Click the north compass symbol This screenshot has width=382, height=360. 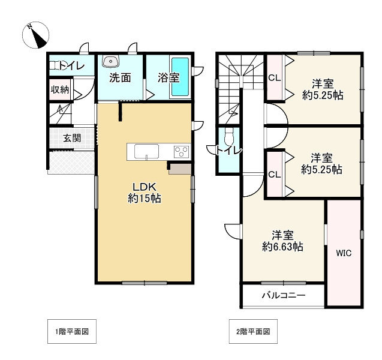(x=35, y=35)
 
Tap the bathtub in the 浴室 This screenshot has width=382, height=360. (x=181, y=77)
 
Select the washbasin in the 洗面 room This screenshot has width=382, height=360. (x=111, y=61)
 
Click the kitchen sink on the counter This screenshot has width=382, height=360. (x=146, y=152)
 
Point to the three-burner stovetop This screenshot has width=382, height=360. (x=182, y=151)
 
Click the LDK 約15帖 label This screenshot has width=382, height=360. (x=144, y=193)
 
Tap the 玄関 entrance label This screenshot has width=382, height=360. (x=72, y=138)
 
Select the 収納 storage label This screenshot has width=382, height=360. (x=60, y=89)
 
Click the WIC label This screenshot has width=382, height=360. (x=344, y=253)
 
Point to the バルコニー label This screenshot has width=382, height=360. (x=284, y=296)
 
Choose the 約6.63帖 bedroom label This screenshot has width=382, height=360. (x=282, y=241)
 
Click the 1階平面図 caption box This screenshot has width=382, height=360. (x=72, y=331)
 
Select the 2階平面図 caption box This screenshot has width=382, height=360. (x=253, y=331)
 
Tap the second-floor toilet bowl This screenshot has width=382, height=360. (x=229, y=137)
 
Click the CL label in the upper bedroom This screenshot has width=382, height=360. (x=275, y=78)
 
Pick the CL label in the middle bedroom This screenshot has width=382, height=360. (x=275, y=175)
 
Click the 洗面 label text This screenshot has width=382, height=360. (x=120, y=77)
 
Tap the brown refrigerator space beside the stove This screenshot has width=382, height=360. (x=181, y=169)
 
